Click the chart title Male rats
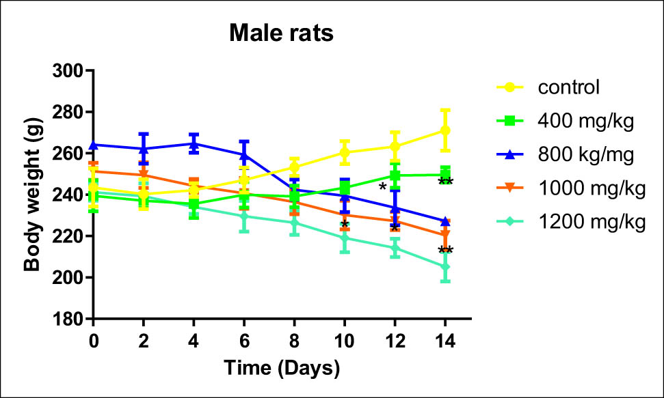pyautogui.click(x=281, y=33)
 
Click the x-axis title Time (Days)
pyautogui.click(x=282, y=369)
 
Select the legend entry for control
pyautogui.click(x=568, y=87)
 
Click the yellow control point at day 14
pyautogui.click(x=445, y=130)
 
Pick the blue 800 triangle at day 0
pyautogui.click(x=93, y=145)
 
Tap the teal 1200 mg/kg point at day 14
pyautogui.click(x=445, y=267)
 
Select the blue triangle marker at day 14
pyautogui.click(x=445, y=221)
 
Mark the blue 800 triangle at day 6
pyautogui.click(x=244, y=155)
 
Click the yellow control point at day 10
pyautogui.click(x=345, y=152)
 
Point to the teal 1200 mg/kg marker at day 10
pyautogui.click(x=345, y=238)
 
